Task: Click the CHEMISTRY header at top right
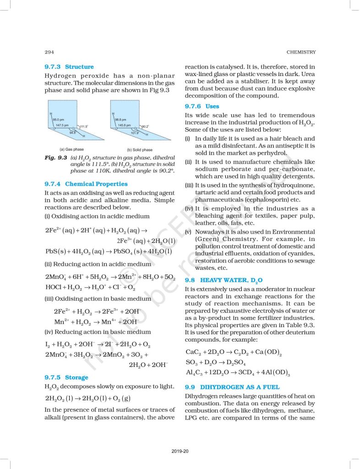pos(300,51)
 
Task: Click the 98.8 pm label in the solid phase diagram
pos(120,119)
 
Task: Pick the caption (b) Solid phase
pos(140,150)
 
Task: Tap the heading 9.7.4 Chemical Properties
pos(86,184)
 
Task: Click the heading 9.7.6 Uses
pos(202,106)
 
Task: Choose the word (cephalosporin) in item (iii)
pos(262,200)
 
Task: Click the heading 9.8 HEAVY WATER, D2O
pos(224,279)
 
